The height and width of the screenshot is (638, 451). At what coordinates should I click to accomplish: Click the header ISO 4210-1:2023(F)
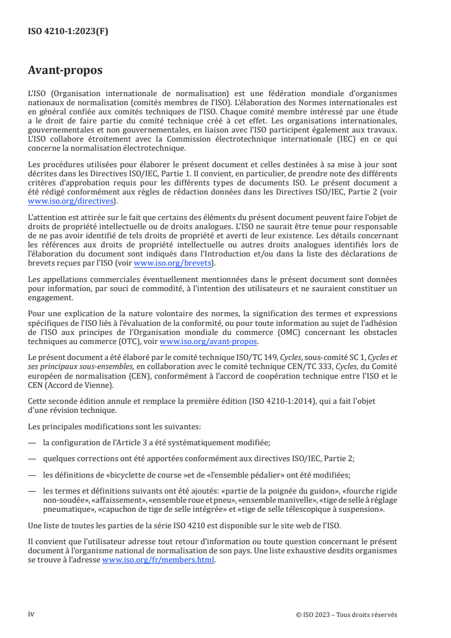pyautogui.click(x=68, y=32)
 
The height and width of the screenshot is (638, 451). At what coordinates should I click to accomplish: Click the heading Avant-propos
pyautogui.click(x=65, y=71)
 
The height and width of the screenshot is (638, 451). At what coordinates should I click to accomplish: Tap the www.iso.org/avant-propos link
pyautogui.click(x=209, y=342)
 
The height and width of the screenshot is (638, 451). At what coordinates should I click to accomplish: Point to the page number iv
pyautogui.click(x=31, y=614)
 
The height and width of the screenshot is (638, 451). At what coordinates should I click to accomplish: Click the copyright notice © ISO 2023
pyautogui.click(x=347, y=615)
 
